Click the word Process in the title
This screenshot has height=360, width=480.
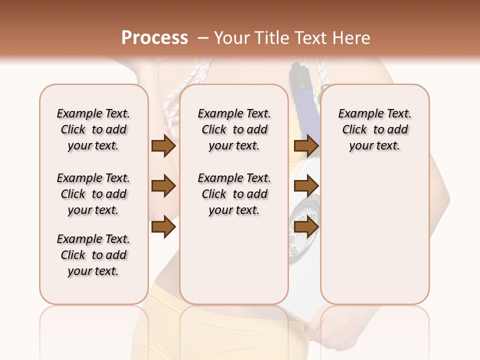tap(154, 38)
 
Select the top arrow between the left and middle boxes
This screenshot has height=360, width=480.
tap(163, 145)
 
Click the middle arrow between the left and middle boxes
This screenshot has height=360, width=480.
tap(163, 186)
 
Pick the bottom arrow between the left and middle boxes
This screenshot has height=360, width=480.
tap(163, 227)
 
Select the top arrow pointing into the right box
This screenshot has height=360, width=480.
tap(306, 145)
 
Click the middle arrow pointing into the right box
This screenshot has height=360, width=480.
tap(306, 186)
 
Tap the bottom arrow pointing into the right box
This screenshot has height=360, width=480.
tap(306, 227)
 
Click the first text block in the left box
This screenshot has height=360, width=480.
tap(93, 129)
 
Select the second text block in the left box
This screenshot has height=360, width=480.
tap(93, 194)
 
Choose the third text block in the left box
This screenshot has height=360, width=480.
tap(93, 255)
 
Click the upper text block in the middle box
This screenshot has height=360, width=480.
tap(234, 129)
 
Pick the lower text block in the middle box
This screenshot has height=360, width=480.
tap(234, 194)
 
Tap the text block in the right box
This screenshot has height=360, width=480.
tap(374, 129)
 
